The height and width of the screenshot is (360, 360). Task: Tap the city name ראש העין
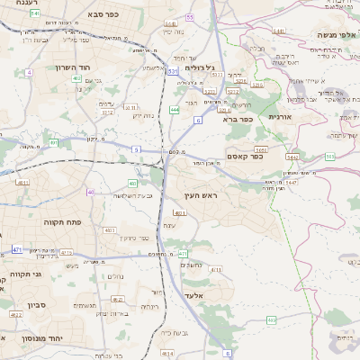pos(202,193)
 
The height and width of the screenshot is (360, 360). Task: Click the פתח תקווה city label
pos(60,220)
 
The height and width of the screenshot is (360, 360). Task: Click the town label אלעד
pos(194,294)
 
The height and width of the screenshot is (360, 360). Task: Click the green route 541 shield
pos(34,14)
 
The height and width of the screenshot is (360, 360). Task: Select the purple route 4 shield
pos(29,71)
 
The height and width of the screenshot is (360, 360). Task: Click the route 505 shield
pos(329,157)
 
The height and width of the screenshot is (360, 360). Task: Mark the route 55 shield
pos(189,17)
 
